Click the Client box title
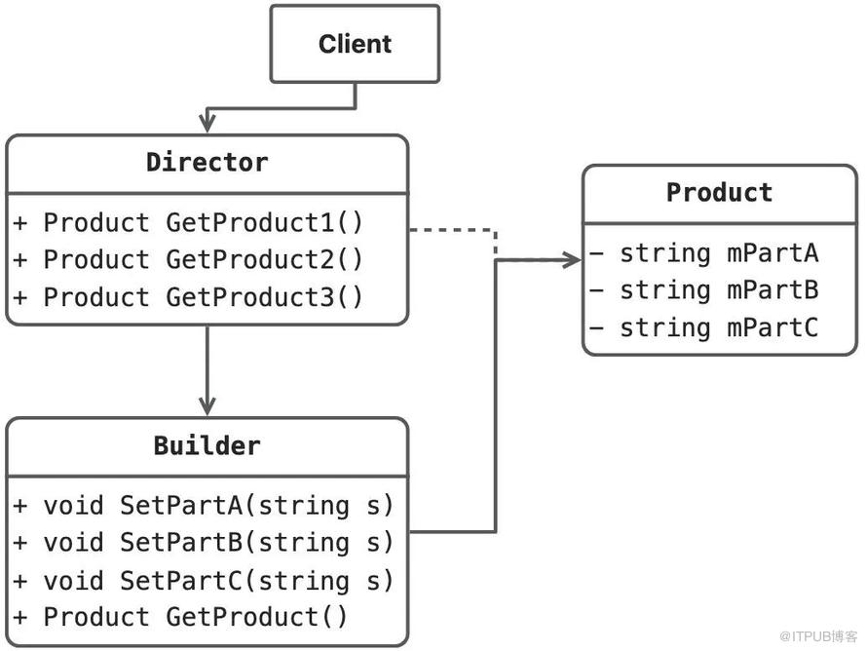pos(355,44)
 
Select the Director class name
pos(207,162)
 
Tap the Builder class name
pos(207,445)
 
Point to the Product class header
pos(719,193)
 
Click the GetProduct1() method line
pos(188,222)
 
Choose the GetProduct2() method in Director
pos(188,259)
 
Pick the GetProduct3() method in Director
pos(188,297)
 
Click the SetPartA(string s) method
pos(203,506)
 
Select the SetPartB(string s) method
pos(203,543)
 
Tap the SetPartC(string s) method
pos(203,581)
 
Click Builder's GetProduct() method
pos(180,617)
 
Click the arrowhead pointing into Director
pos(207,122)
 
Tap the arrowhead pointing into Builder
pos(207,406)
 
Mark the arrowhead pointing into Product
pos(572,259)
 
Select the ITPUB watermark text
pos(818,636)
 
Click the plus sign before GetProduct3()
pos(19,297)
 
